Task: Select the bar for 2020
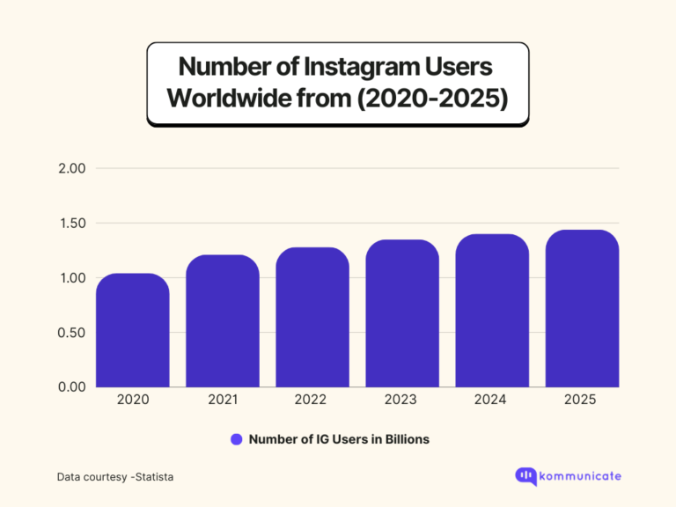click(133, 331)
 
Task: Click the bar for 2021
click(223, 321)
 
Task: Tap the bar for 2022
click(312, 318)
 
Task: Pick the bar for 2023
click(402, 314)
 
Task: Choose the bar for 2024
click(492, 311)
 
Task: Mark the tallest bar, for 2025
click(582, 309)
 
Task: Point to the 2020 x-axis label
click(133, 400)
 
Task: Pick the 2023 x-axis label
click(402, 400)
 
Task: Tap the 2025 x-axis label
click(582, 400)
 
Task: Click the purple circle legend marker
click(236, 439)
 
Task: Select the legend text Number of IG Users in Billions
click(339, 439)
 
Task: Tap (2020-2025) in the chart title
click(430, 99)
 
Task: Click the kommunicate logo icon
click(525, 476)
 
